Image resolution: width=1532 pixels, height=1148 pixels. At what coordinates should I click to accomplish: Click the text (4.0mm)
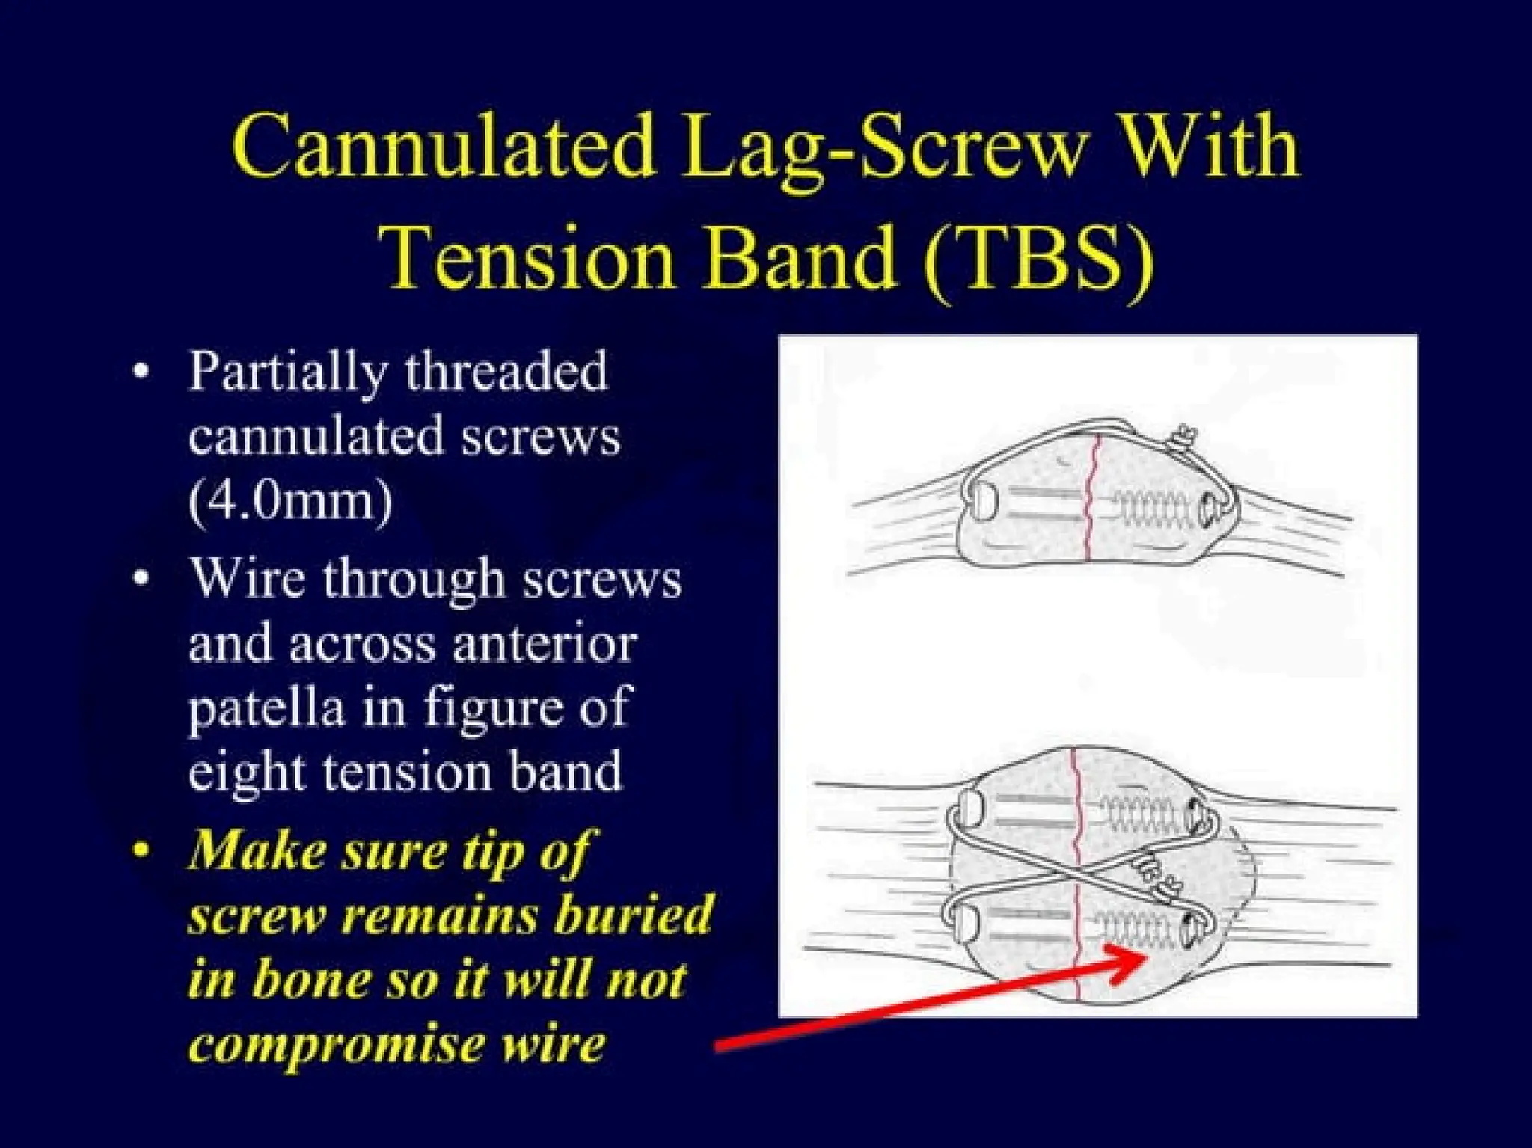point(290,499)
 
